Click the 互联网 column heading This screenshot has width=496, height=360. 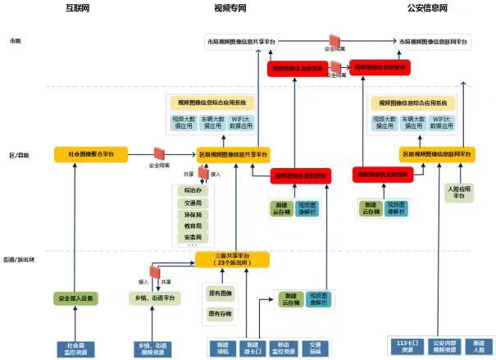tap(79, 8)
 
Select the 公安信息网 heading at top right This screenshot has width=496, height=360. tap(427, 8)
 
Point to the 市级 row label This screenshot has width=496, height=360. tap(15, 41)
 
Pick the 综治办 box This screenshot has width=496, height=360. tap(193, 191)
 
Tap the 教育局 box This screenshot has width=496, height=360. tap(193, 224)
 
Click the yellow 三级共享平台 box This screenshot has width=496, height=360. tap(232, 260)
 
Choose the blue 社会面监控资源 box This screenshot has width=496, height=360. tap(79, 347)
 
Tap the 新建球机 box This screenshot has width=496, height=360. tap(222, 347)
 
